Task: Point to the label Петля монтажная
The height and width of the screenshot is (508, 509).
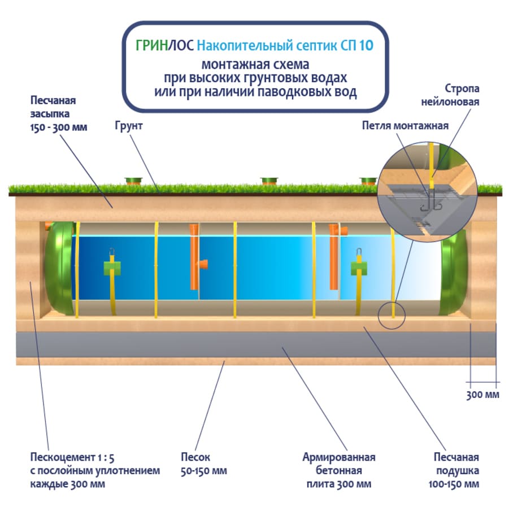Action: pos(405,125)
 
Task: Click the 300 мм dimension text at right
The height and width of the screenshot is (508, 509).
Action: pos(483,395)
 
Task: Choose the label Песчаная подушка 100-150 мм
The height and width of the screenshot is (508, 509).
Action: pos(456,470)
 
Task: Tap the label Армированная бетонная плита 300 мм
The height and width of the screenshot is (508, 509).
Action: pos(339,470)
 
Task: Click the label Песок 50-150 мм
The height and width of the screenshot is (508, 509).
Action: pos(204,464)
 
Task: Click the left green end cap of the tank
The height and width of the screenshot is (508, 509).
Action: pos(59,268)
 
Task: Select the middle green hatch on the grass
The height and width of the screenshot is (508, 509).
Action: pos(269,181)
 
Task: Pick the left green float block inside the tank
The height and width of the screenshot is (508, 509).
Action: pos(112,267)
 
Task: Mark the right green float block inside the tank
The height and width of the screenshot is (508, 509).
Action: pos(359,266)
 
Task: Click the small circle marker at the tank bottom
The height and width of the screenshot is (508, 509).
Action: pos(392,315)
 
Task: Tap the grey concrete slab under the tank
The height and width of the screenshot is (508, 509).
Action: pos(254,344)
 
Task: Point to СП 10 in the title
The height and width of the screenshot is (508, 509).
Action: pos(358,46)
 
